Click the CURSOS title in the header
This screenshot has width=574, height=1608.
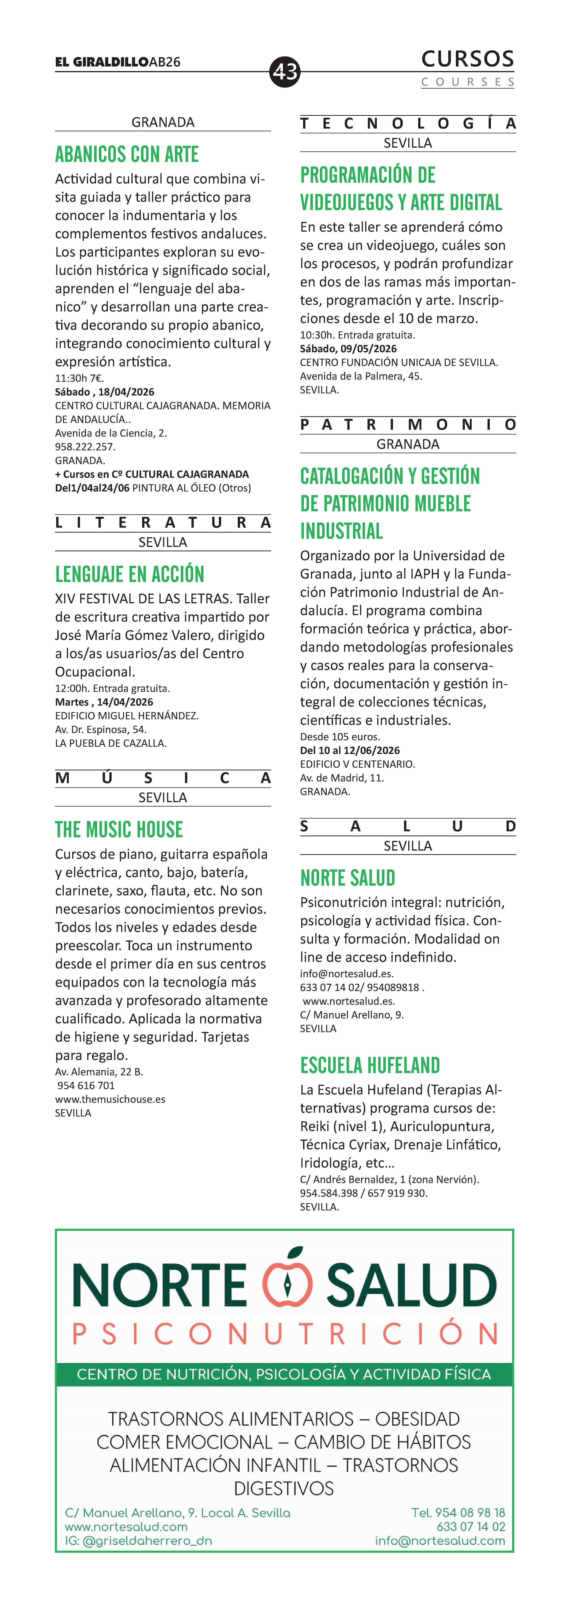[467, 59]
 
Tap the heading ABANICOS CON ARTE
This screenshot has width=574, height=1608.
[127, 154]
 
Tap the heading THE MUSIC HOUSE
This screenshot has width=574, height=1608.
[119, 830]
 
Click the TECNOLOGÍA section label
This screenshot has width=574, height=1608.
[407, 124]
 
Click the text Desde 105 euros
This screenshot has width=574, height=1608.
[340, 737]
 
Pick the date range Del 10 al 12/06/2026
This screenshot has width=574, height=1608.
[350, 750]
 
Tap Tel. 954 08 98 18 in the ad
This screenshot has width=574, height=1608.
[458, 1513]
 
